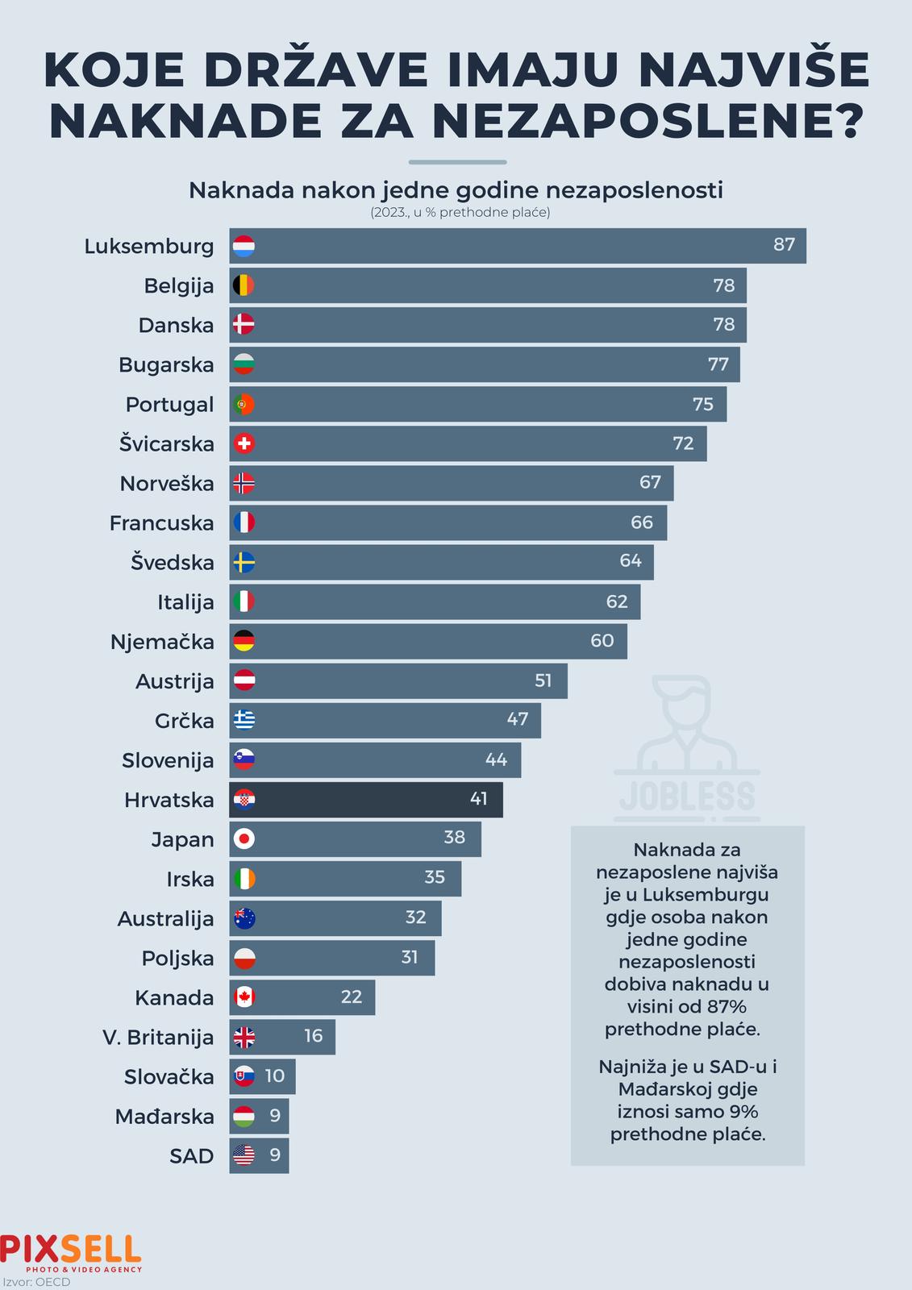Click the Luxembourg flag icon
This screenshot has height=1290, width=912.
click(x=244, y=246)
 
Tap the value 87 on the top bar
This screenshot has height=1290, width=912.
click(x=784, y=245)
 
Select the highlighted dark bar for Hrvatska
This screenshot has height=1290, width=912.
click(x=367, y=800)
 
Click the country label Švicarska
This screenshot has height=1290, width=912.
click(x=167, y=444)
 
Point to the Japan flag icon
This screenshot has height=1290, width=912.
click(x=244, y=839)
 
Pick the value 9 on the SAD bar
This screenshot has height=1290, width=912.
click(x=275, y=1155)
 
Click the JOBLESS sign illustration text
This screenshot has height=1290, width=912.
click(x=687, y=797)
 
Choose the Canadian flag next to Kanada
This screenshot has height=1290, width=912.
click(x=244, y=997)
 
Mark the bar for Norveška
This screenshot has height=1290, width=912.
click(x=452, y=483)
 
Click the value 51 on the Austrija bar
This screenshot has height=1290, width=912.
click(x=543, y=681)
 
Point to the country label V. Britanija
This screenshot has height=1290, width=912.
click(x=158, y=1038)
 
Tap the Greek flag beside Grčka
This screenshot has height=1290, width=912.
click(x=244, y=720)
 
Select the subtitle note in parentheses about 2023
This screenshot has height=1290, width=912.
click(x=460, y=214)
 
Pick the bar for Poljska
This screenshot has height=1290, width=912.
click(x=332, y=958)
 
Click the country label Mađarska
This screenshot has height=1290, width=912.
click(x=164, y=1117)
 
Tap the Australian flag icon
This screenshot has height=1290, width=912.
click(x=244, y=918)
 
